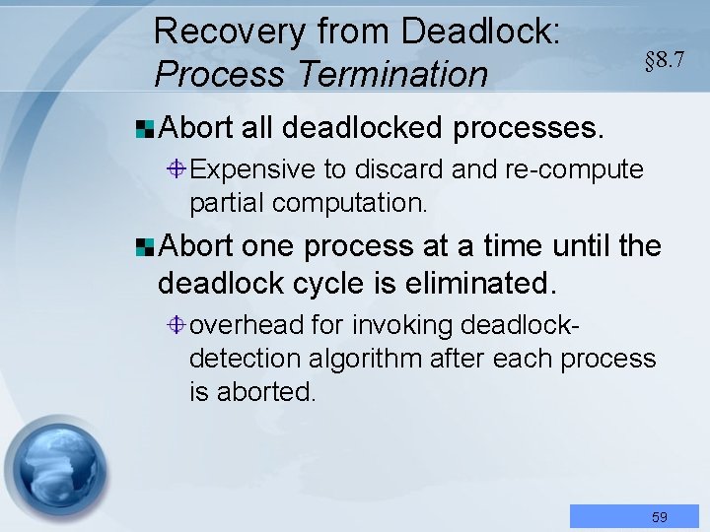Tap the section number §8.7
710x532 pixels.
664,60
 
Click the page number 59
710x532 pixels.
659,516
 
